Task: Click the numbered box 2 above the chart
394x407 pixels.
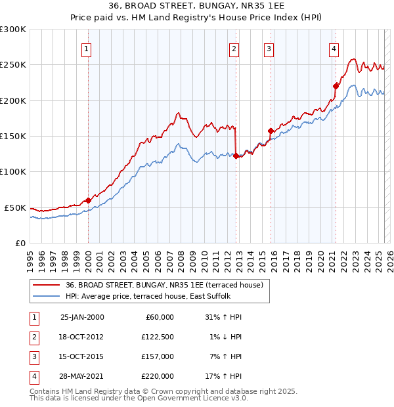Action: [x=234, y=48]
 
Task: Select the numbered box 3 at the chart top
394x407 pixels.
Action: [x=269, y=48]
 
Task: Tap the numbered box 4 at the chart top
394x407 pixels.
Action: [x=334, y=48]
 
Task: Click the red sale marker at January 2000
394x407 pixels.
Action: [x=88, y=200]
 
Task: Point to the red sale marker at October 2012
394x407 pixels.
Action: [x=236, y=156]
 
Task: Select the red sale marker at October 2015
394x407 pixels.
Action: [x=271, y=131]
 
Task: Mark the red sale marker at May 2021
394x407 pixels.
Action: [x=336, y=85]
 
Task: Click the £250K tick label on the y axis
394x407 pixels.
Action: [x=13, y=65]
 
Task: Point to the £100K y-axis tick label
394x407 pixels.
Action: [x=13, y=171]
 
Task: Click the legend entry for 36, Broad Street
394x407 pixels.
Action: [x=164, y=285]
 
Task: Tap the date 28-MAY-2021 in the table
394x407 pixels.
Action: [x=81, y=376]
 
